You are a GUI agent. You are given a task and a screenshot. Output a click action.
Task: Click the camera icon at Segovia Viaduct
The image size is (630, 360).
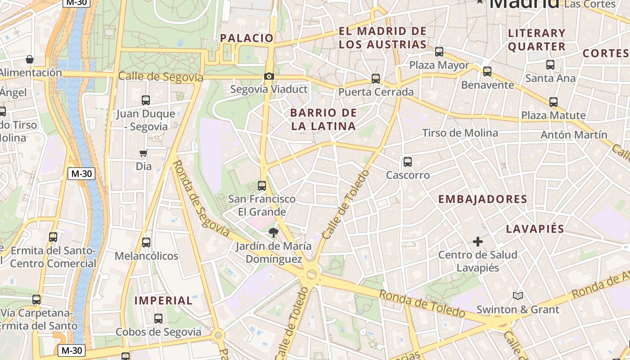[x=269, y=76]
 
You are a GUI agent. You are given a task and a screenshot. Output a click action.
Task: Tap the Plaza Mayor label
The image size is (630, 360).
[x=439, y=65]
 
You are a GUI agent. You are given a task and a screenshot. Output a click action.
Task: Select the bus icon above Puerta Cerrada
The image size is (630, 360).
[x=376, y=79]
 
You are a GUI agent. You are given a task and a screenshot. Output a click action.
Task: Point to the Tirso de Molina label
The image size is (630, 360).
[x=460, y=133]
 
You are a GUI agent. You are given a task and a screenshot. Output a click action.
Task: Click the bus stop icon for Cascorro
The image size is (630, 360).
[x=408, y=162]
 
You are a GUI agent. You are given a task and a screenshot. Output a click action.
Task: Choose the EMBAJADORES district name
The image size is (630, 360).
[x=482, y=199]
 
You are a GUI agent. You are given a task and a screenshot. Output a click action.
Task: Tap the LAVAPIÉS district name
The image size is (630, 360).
[x=535, y=229]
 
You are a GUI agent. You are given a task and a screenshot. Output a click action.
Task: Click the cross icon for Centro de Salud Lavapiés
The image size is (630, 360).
[x=478, y=242]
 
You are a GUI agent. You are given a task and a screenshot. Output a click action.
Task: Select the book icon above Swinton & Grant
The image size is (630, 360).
[x=518, y=296]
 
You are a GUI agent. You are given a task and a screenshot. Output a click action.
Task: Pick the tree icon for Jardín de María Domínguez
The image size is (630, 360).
[x=273, y=233]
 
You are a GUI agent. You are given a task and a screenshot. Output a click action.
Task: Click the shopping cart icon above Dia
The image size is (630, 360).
[x=144, y=153]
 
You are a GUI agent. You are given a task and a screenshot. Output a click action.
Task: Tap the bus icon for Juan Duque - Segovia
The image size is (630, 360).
[x=146, y=100]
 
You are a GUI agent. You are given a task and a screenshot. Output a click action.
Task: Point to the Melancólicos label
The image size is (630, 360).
[x=146, y=256]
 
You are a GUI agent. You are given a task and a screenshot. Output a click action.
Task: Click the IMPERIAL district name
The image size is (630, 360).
[x=163, y=301]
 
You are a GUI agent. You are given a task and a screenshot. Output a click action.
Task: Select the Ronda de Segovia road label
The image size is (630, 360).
[x=202, y=199]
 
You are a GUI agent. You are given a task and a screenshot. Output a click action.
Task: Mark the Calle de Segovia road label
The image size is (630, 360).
[x=161, y=77]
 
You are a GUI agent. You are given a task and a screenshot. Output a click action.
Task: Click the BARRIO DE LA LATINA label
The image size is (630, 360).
[x=323, y=119]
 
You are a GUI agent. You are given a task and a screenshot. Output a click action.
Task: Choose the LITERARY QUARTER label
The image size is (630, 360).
[x=536, y=40]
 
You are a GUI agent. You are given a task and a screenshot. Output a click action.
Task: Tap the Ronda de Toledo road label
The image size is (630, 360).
[x=422, y=304]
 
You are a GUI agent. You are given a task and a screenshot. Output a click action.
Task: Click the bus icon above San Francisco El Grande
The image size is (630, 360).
[x=261, y=185]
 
